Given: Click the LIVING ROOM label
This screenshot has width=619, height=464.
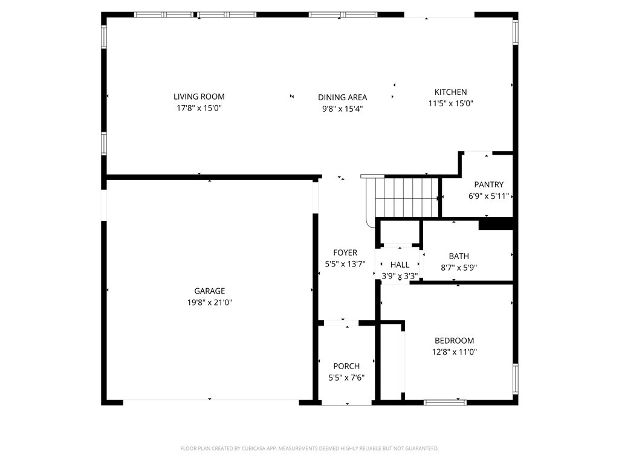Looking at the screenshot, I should point(199,97).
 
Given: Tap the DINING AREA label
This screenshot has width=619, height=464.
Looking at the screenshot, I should point(342,97).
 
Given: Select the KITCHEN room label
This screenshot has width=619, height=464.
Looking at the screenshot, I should point(450,92).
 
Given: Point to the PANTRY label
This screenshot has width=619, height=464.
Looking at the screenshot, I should point(488,185).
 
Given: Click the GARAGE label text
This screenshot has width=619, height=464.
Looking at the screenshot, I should point(209,291).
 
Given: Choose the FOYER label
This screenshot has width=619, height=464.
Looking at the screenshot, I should point(345,253).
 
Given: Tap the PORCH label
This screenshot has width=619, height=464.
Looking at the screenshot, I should point(346,366).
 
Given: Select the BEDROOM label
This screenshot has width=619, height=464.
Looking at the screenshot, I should point(454,341).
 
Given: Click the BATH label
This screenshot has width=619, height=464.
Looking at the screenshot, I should point(459,256).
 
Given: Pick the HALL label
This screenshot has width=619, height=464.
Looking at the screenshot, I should point(400,265).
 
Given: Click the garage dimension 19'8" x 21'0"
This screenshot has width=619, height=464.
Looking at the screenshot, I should point(209,303).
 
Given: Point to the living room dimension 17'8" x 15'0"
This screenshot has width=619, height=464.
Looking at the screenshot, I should point(199,108).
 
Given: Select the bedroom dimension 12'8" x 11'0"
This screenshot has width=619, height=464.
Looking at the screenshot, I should point(454,352).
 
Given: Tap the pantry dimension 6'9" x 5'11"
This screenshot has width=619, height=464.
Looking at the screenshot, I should point(488,196).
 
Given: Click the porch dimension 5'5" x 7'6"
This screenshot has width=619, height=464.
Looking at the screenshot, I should point(346,378).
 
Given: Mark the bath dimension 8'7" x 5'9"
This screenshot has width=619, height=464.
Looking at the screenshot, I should point(459,268).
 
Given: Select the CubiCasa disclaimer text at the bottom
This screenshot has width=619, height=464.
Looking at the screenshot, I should point(309,448).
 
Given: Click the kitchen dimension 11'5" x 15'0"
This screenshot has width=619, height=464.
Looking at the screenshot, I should point(450,103).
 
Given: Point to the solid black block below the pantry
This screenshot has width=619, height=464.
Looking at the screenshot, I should point(496,224).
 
